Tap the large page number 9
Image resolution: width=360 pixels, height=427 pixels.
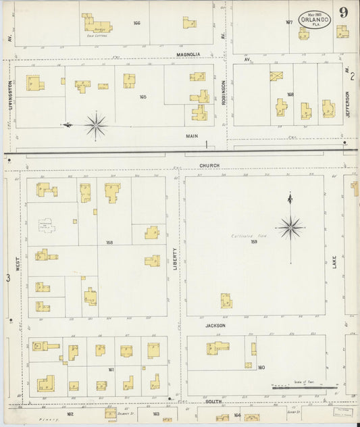[344, 12]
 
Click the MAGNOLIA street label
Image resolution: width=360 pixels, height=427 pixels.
[190, 55]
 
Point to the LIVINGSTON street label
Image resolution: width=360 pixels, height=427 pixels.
[11, 95]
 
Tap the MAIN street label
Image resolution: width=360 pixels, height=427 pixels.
[192, 136]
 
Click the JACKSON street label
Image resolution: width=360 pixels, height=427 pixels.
[215, 326]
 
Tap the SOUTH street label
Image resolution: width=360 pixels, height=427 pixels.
[215, 401]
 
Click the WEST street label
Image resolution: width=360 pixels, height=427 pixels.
[18, 259]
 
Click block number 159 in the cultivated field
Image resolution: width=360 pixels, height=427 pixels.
[254, 241]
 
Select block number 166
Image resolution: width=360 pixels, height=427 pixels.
[136, 24]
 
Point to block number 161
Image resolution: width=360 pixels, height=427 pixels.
[111, 370]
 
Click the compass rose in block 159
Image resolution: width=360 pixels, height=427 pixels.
[290, 227]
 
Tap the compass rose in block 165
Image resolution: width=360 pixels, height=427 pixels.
[95, 125]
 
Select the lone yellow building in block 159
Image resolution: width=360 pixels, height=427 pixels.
[226, 301]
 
